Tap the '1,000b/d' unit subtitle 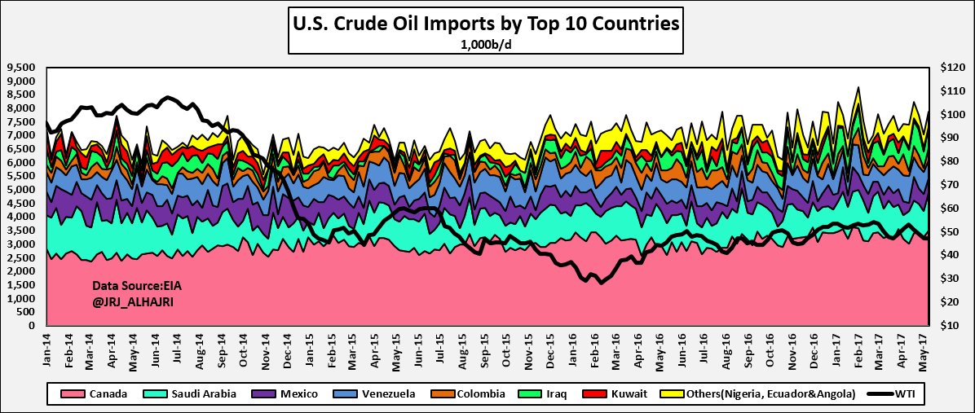coord(486,45)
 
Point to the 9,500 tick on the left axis coord(21,68)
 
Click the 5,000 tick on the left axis coord(21,190)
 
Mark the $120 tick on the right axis coord(951,68)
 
